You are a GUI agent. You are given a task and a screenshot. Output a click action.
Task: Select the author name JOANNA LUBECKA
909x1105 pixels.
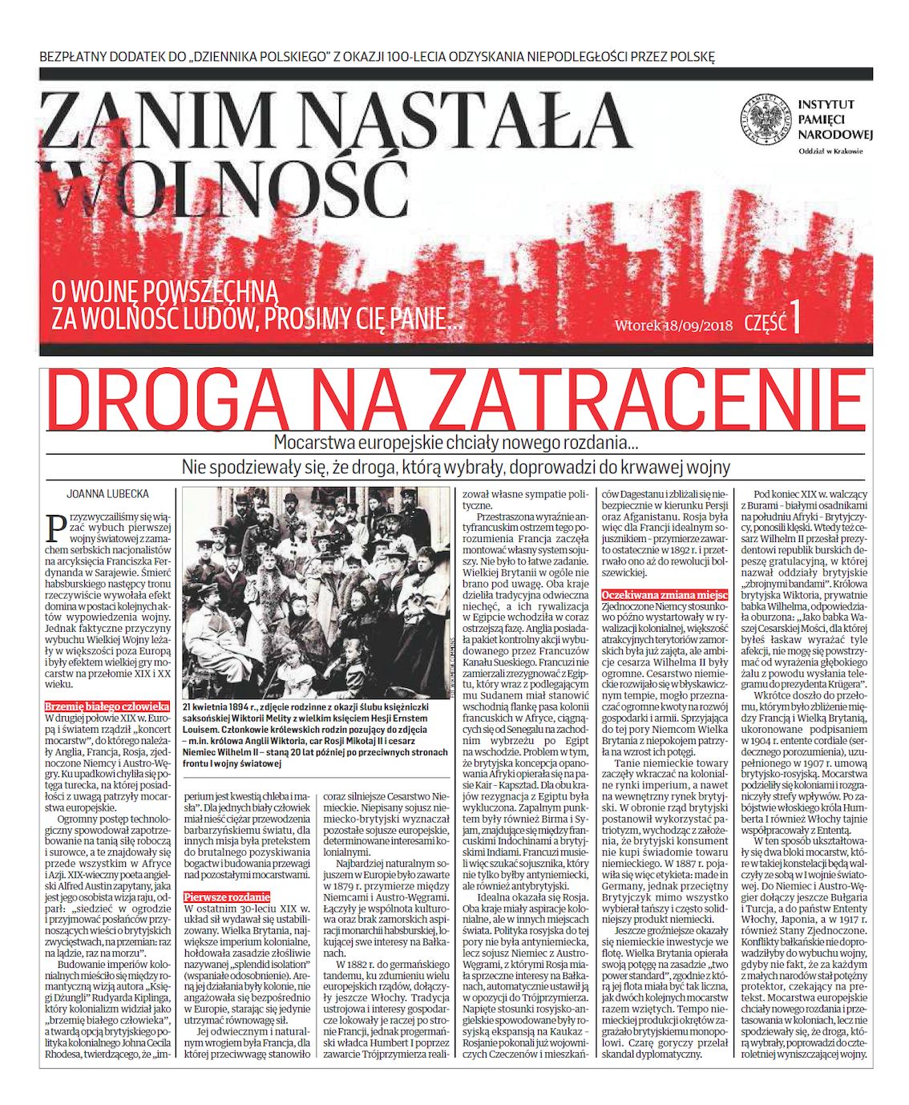108,494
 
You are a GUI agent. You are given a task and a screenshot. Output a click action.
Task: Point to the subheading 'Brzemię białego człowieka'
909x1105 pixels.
107,706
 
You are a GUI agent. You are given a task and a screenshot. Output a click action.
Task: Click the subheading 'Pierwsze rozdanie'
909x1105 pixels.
227,897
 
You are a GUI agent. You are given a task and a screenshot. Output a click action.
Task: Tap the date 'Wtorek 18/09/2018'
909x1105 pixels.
674,326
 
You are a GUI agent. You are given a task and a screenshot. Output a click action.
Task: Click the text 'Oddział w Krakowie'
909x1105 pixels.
830,152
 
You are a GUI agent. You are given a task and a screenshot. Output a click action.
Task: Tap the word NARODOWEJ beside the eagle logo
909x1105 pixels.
834,133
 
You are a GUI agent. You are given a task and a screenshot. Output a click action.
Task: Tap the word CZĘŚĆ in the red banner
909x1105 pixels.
765,322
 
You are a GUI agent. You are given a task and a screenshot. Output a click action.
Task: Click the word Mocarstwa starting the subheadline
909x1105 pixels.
311,443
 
